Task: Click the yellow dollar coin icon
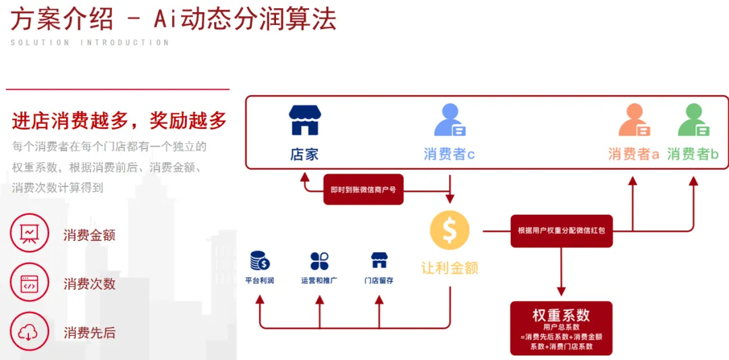tap(450, 231)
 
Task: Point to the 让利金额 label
tap(450, 268)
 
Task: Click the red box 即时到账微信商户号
tap(364, 190)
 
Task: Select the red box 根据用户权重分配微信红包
tap(562, 230)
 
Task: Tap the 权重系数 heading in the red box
tap(561, 315)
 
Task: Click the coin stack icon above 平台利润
tap(259, 260)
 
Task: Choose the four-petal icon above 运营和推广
tap(319, 261)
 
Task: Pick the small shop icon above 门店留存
tap(379, 260)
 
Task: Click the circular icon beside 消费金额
tap(30, 234)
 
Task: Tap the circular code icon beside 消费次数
tap(30, 283)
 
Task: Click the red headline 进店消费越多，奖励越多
tap(119, 121)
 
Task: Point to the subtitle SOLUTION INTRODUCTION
tap(90, 43)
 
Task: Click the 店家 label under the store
tap(304, 154)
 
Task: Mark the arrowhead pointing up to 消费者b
tap(693, 180)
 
